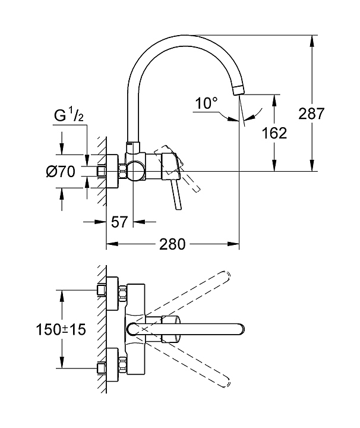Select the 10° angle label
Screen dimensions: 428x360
[x=206, y=104]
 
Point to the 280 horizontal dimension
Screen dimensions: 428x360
[x=172, y=244]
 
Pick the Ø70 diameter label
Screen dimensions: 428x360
[x=60, y=172]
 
